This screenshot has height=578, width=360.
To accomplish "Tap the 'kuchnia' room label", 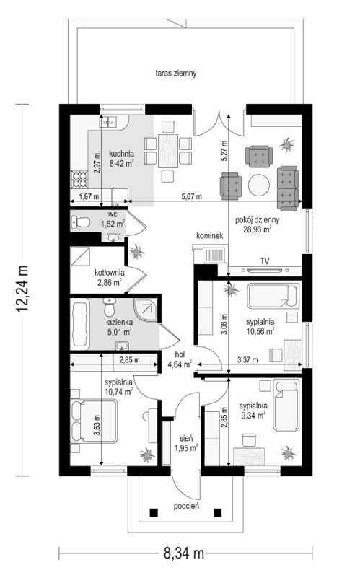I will coord(121,153).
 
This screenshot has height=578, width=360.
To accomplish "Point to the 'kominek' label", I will coord(211,236).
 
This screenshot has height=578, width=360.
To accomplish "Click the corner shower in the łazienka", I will coord(146,311).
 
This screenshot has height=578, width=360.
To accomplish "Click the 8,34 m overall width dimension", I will coord(183,553).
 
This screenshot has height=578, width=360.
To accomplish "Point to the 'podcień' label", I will coord(184,507).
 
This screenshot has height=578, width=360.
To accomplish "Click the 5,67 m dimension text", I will coord(190,196).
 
